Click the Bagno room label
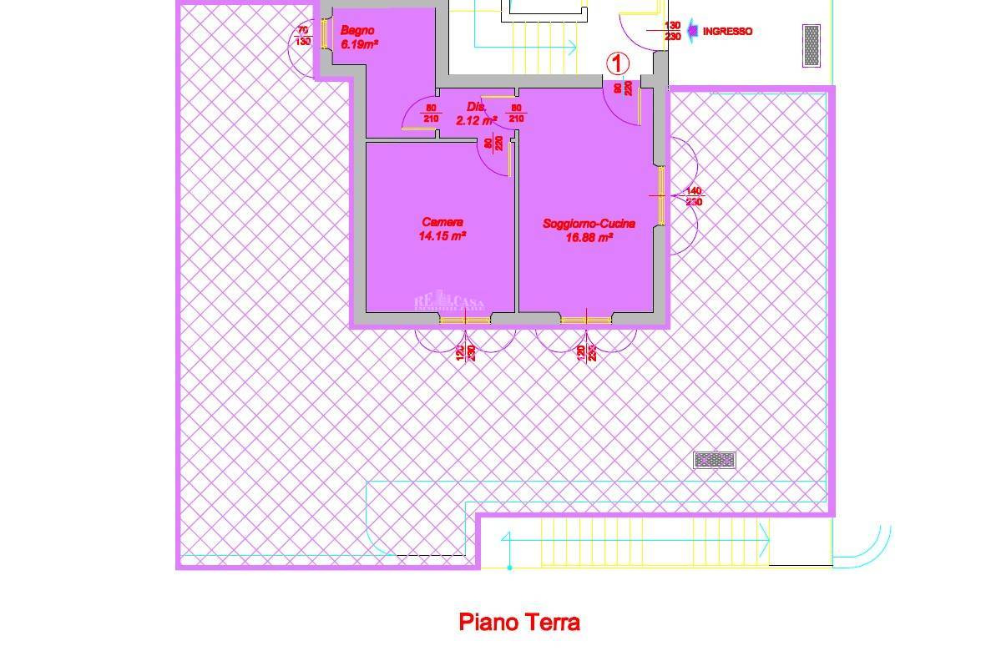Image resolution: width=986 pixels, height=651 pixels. point(357,31)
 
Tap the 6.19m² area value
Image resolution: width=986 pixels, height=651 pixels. point(360,44)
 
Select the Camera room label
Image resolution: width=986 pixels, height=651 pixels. point(442,222)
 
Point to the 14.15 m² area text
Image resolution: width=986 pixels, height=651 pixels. point(442,236)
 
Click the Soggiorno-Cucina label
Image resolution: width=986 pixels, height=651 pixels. point(589,224)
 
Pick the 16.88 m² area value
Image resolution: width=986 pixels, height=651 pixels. point(589,238)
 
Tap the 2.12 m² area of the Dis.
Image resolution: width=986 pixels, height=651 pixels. point(476,120)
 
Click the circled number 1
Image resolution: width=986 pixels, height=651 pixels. point(617,63)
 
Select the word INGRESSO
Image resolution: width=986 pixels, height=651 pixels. point(727,32)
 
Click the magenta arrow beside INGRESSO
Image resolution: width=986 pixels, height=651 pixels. point(692,32)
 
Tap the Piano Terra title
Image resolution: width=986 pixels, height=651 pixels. point(519,622)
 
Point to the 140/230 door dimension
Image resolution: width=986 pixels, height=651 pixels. point(694,197)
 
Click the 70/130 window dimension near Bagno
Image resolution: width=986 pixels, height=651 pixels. point(302,36)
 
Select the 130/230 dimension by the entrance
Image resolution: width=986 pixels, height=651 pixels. point(672,31)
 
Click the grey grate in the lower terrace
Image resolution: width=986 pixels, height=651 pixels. point(715,460)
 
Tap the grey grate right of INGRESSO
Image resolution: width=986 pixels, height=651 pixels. point(811,45)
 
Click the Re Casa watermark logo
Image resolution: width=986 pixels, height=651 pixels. point(450,301)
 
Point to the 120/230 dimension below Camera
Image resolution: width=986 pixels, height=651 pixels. point(465,353)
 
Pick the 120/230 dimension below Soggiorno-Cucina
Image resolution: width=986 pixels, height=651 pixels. point(587,353)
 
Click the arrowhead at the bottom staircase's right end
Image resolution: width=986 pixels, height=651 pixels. point(764,542)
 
